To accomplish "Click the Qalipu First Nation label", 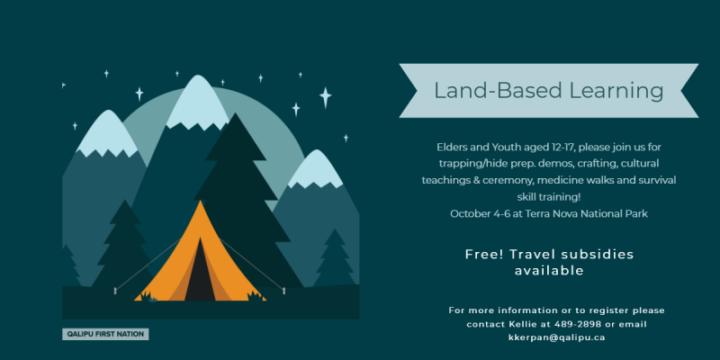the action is coord(105,334).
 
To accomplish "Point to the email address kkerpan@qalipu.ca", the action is coord(556,337).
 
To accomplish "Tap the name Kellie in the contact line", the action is coord(523,324).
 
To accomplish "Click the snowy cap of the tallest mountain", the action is coord(198,103).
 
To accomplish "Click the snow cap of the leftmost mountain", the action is coord(108,134).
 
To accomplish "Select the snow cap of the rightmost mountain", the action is coord(316,169).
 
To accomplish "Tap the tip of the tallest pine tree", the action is coord(237,113).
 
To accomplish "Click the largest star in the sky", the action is coord(326,98).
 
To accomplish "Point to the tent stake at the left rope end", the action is coord(115,290).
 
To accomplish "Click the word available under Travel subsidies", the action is coord(549,271).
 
